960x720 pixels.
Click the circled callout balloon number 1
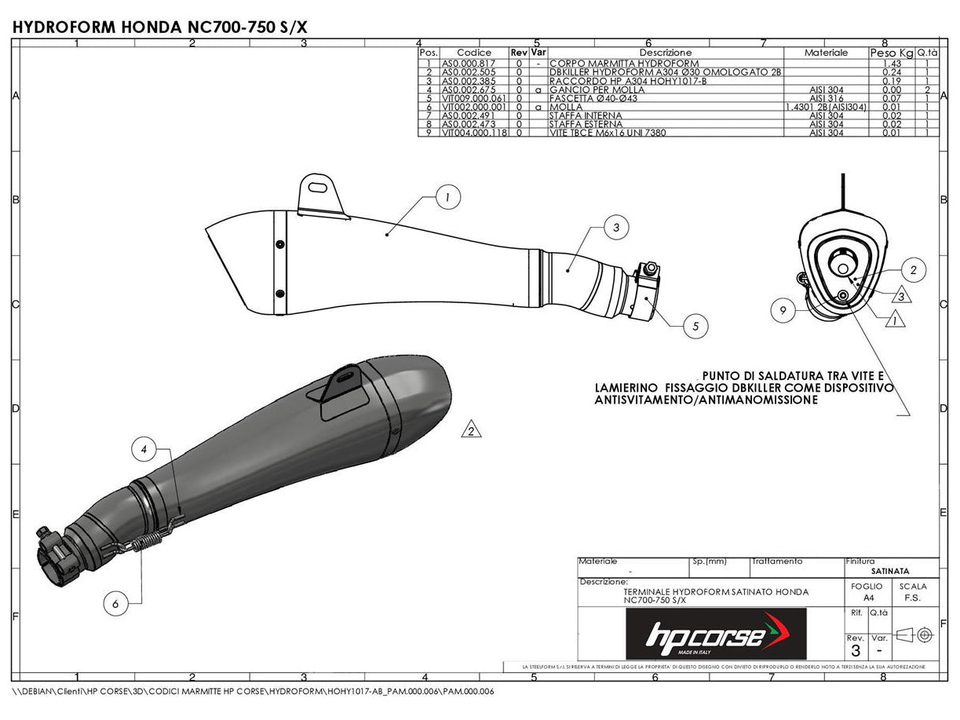click(447, 198)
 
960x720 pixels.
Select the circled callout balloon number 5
click(695, 326)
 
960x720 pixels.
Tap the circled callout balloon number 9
click(783, 311)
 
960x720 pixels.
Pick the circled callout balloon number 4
click(144, 450)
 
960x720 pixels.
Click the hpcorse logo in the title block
click(715, 634)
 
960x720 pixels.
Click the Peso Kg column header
click(891, 53)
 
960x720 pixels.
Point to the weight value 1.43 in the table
click(890, 63)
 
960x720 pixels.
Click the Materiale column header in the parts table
click(826, 53)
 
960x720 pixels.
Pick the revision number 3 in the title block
click(855, 651)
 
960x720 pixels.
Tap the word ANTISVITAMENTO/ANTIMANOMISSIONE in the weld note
click(706, 400)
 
